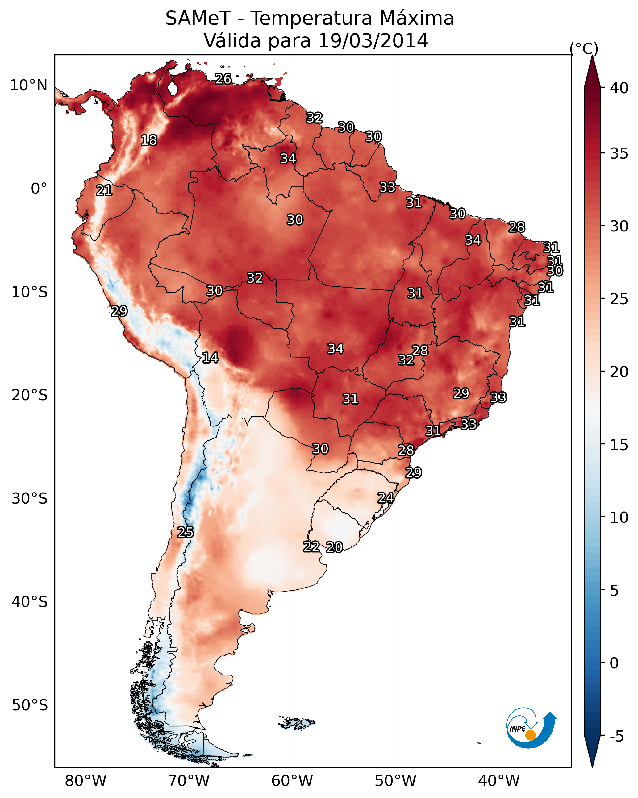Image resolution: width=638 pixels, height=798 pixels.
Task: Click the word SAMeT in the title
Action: pyautogui.click(x=198, y=19)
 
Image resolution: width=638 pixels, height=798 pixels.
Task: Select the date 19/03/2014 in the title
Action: pyautogui.click(x=373, y=40)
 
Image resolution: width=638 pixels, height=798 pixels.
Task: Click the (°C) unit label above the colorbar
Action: pyautogui.click(x=584, y=48)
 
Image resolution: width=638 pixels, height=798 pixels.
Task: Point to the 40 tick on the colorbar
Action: pyautogui.click(x=619, y=88)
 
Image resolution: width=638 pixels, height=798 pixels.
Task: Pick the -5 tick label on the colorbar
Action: pyautogui.click(x=616, y=736)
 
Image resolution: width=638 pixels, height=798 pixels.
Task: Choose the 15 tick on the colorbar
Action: pyautogui.click(x=619, y=445)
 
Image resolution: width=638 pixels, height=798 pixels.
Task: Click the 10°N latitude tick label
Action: pyautogui.click(x=28, y=85)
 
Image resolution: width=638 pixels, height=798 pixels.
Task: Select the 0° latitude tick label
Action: pyautogui.click(x=39, y=189)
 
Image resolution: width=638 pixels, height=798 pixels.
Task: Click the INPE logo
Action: pyautogui.click(x=532, y=729)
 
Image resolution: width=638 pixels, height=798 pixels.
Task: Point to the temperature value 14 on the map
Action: pyautogui.click(x=210, y=358)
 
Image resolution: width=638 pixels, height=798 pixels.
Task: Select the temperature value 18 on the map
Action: pyautogui.click(x=149, y=140)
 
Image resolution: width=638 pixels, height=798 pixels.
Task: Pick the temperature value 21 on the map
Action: pyautogui.click(x=104, y=191)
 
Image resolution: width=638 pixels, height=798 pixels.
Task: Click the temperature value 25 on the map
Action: pyautogui.click(x=186, y=532)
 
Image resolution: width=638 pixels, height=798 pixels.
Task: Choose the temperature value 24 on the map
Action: pyautogui.click(x=386, y=498)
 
